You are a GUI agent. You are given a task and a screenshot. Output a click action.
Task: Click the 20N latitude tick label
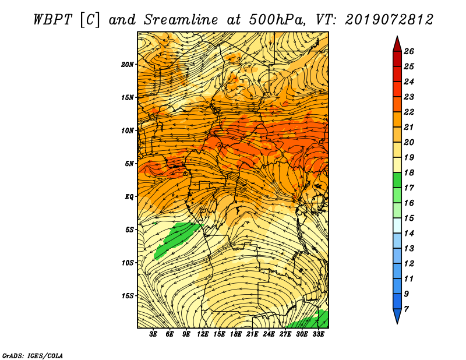(127, 65)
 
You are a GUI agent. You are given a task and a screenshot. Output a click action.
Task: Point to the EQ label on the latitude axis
(129, 197)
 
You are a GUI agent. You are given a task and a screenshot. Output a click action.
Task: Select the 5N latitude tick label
(129, 164)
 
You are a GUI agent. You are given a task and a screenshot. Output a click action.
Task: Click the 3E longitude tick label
(153, 334)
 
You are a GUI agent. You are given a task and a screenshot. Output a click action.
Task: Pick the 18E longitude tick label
(236, 334)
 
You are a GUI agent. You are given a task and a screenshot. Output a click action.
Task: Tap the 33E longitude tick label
(318, 334)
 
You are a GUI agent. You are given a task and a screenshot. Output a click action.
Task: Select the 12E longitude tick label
(203, 334)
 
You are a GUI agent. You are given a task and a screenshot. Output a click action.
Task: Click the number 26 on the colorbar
(409, 51)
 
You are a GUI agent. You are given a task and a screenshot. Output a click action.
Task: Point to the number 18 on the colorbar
(409, 172)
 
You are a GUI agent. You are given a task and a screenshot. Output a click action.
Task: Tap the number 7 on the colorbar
(406, 309)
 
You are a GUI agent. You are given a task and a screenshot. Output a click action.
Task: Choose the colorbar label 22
(409, 112)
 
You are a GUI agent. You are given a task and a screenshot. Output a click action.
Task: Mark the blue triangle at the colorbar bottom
(397, 315)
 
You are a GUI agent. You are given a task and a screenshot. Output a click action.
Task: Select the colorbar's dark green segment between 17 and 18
(397, 180)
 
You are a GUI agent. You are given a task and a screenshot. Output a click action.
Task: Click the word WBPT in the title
(53, 20)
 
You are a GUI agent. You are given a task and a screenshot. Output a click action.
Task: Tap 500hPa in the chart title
(277, 20)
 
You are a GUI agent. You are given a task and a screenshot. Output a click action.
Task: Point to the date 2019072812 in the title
(389, 20)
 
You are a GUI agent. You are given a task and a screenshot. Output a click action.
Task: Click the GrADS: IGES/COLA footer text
(33, 356)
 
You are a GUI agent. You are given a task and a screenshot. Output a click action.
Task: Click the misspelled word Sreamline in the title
(181, 20)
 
